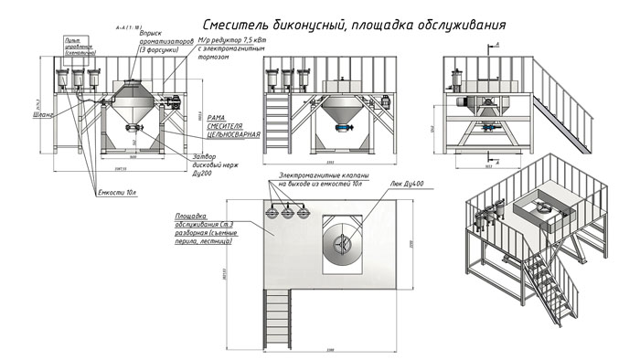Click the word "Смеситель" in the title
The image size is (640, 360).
coord(240,21)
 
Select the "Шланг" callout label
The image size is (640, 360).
coord(43,115)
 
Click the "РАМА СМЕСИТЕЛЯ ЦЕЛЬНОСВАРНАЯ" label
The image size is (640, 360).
coord(227,126)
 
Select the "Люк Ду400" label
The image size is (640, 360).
coord(411,187)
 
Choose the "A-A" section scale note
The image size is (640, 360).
coord(118,29)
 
